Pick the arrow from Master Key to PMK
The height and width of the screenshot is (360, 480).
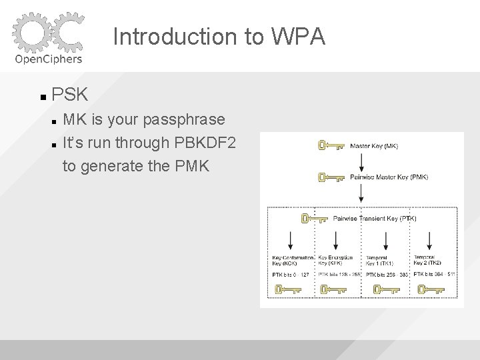point(361,161)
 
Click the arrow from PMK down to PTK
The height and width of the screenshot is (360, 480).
point(361,195)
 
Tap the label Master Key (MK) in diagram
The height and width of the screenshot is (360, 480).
point(374,146)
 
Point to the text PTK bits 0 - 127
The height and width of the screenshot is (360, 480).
point(290,274)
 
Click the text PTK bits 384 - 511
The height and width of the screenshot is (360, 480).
point(434,274)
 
